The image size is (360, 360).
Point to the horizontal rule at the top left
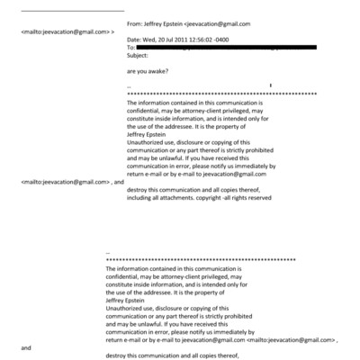coord(71,11)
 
